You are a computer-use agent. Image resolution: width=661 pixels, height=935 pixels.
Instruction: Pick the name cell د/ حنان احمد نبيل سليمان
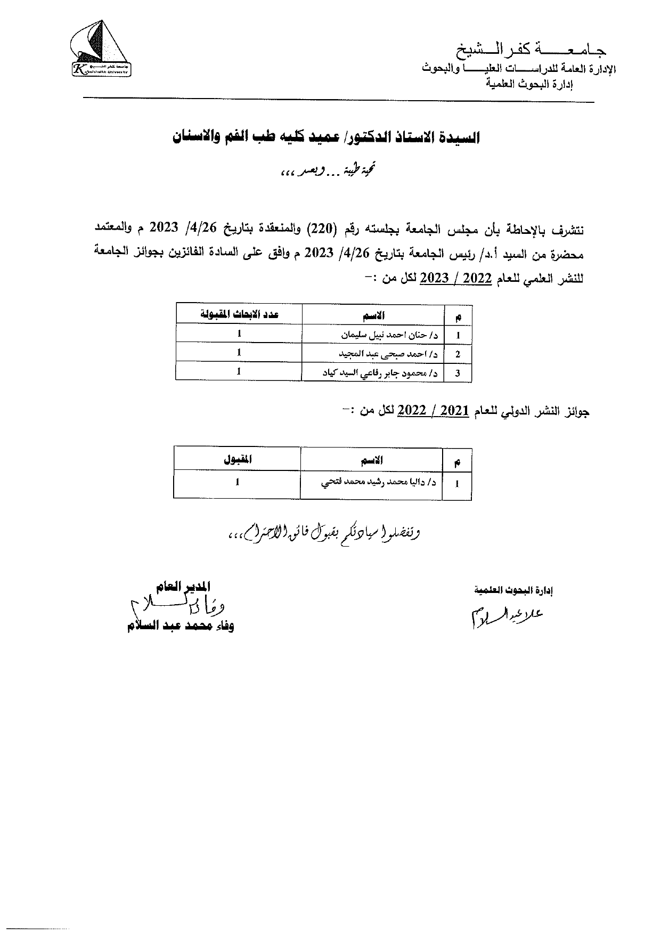pyautogui.click(x=389, y=335)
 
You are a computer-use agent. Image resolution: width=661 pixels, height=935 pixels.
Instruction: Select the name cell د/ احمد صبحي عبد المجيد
pyautogui.click(x=389, y=354)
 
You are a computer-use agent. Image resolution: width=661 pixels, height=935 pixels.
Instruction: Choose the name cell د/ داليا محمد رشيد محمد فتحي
pyautogui.click(x=378, y=483)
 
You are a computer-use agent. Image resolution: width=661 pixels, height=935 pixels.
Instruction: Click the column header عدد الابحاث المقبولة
pyautogui.click(x=239, y=314)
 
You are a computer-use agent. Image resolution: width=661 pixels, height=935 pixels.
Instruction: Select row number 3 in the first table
pyautogui.click(x=458, y=373)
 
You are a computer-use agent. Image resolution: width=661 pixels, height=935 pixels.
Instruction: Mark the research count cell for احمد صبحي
pyautogui.click(x=239, y=352)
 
